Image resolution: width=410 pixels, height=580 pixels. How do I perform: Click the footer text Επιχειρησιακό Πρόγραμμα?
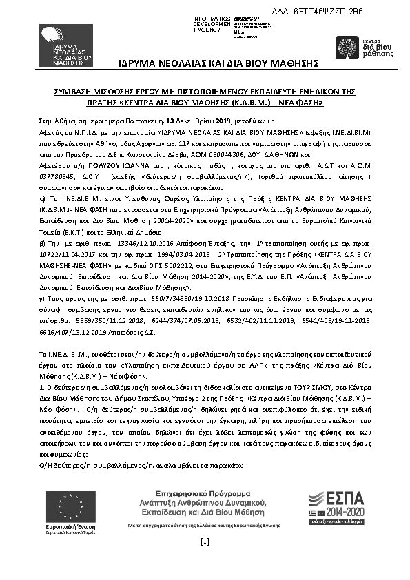coord(204,495)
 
